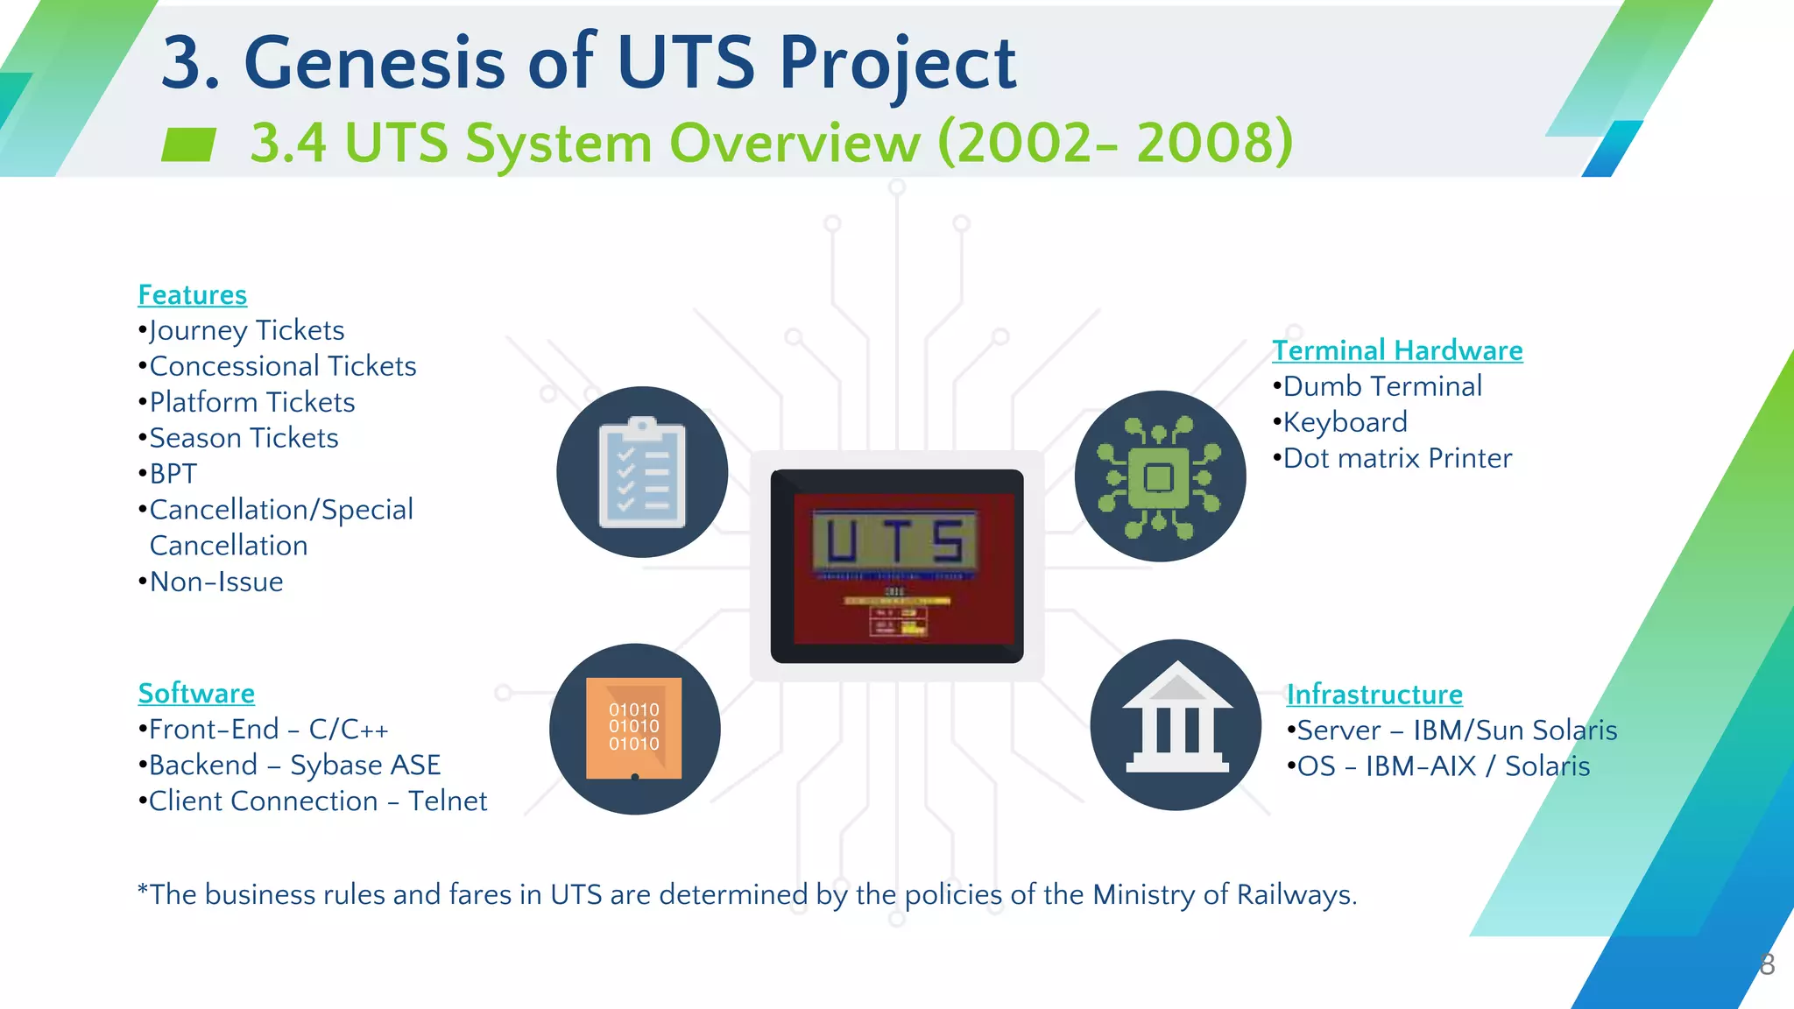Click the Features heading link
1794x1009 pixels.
tap(192, 295)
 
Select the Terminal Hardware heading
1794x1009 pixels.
tap(1396, 350)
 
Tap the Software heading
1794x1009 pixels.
tap(196, 693)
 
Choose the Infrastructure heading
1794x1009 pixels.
tap(1374, 695)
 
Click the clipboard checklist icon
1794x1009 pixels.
tap(642, 473)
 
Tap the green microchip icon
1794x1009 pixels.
tap(1159, 476)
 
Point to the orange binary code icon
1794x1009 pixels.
tap(634, 728)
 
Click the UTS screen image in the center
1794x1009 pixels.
tap(896, 566)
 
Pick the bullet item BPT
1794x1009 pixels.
tap(173, 474)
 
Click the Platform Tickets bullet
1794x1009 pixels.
tap(251, 402)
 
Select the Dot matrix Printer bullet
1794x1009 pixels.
tap(1396, 458)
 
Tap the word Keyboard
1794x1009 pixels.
tap(1345, 422)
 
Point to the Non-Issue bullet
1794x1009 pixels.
tap(215, 582)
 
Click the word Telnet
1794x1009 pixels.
tap(447, 801)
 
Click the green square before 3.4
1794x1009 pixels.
tap(188, 145)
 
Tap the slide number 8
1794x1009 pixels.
tap(1767, 964)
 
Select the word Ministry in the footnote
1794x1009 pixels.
tap(1143, 894)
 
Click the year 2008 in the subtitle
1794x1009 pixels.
tap(1213, 142)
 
